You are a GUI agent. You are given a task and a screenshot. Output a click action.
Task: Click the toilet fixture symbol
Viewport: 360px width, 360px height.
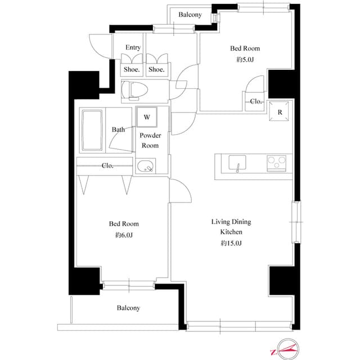135,90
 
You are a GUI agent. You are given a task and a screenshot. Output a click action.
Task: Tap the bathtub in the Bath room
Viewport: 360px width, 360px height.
92,130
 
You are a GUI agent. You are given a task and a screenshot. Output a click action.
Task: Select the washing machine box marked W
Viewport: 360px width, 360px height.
147,118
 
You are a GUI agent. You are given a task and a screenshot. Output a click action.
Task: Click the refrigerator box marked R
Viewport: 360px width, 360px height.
280,111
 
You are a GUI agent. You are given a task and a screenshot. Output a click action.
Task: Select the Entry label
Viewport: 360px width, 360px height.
133,48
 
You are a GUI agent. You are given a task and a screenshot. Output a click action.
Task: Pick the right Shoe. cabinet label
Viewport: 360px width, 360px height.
156,70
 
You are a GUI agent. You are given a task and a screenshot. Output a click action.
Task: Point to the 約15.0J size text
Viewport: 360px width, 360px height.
231,243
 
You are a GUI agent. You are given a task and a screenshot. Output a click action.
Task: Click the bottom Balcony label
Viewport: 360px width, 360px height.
128,308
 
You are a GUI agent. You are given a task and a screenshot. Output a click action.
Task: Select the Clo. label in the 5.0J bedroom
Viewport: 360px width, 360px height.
256,102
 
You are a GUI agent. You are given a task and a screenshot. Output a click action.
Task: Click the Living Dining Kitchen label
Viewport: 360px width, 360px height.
231,227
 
